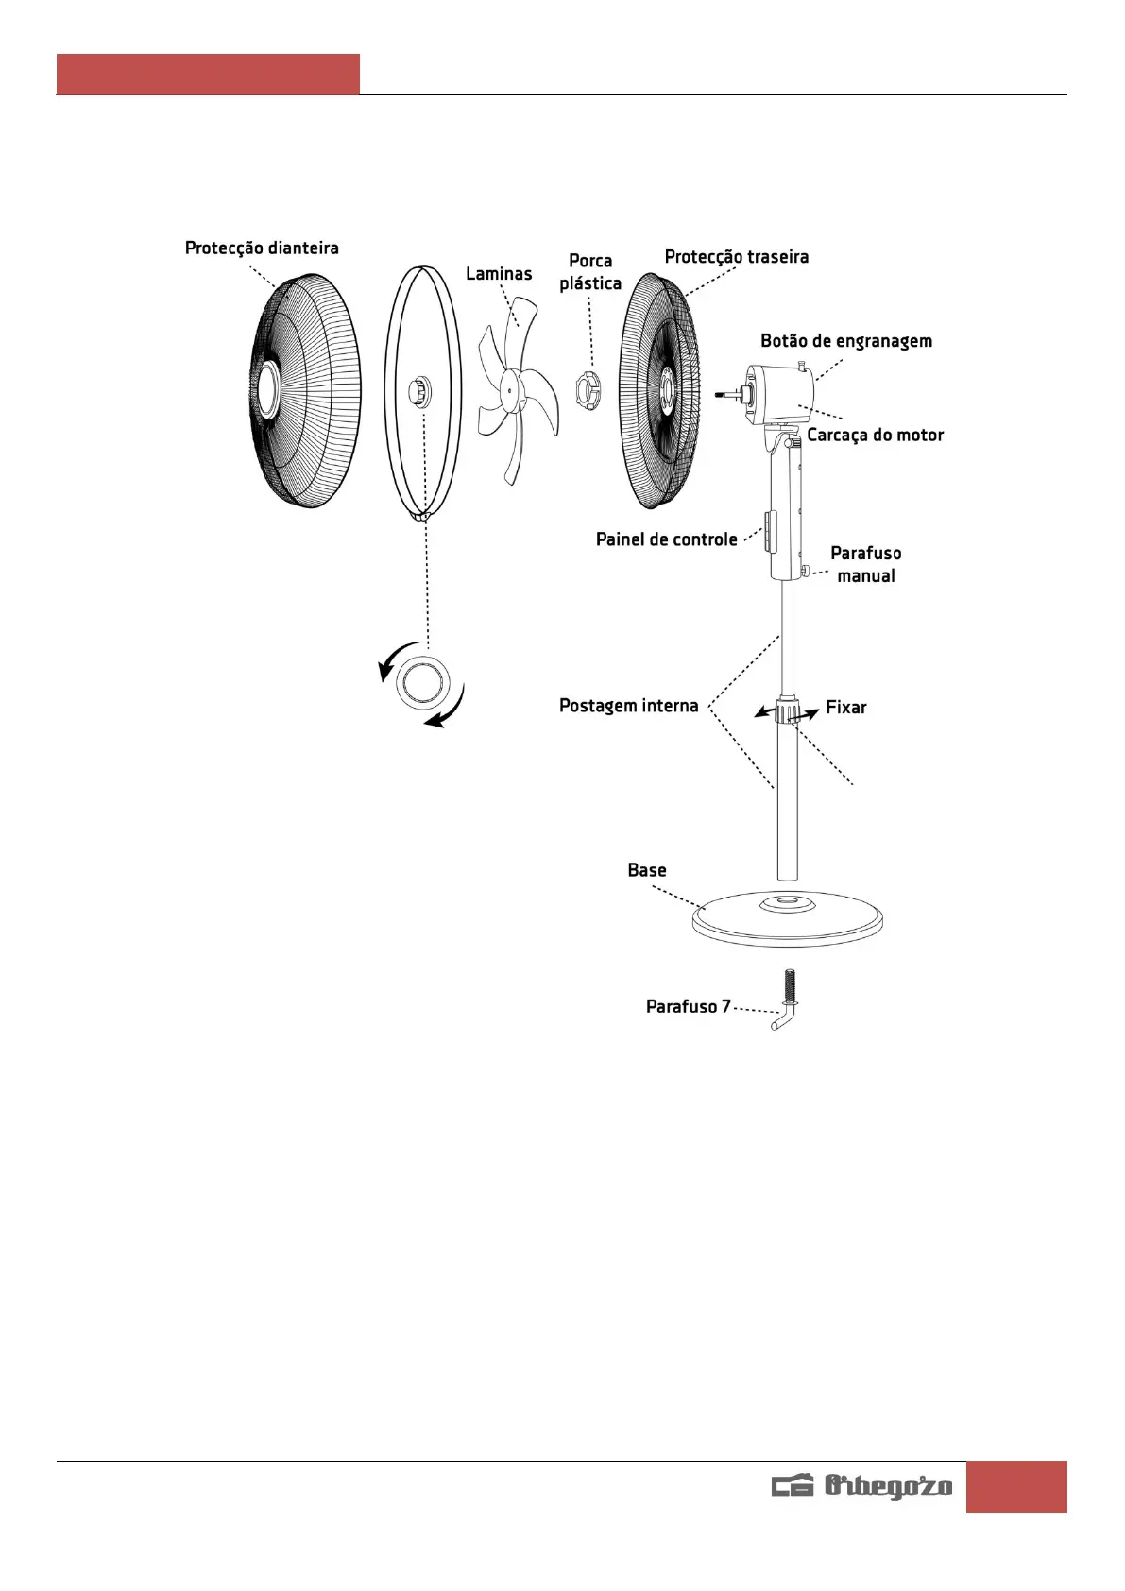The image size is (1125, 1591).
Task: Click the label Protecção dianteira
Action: (262, 248)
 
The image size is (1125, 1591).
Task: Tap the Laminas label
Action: (499, 274)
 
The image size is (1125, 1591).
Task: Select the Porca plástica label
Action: (590, 272)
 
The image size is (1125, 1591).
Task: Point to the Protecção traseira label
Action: (736, 257)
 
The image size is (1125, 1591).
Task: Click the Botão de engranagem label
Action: (846, 341)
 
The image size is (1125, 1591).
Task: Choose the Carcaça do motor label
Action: (875, 436)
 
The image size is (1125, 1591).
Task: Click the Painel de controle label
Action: (666, 539)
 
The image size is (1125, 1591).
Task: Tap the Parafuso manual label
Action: (865, 564)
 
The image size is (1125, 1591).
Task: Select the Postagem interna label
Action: (628, 706)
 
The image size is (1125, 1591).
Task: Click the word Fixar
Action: (845, 708)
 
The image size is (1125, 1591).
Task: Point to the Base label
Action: (647, 870)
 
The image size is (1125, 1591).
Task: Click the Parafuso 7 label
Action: (688, 1007)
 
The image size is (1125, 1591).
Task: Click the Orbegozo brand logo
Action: (862, 1486)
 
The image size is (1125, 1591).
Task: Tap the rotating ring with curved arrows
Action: (423, 682)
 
